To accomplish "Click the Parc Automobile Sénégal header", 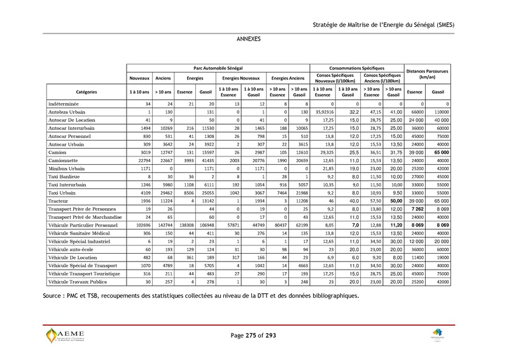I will pos(218,67).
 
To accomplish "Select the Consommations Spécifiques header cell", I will pos(357,67).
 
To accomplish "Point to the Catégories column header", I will pos(86,92).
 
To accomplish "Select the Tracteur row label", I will pos(59,200).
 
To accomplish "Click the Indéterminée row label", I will pos(64,103).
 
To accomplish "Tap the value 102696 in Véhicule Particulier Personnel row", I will pos(141,225).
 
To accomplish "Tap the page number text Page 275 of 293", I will pos(254,335).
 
